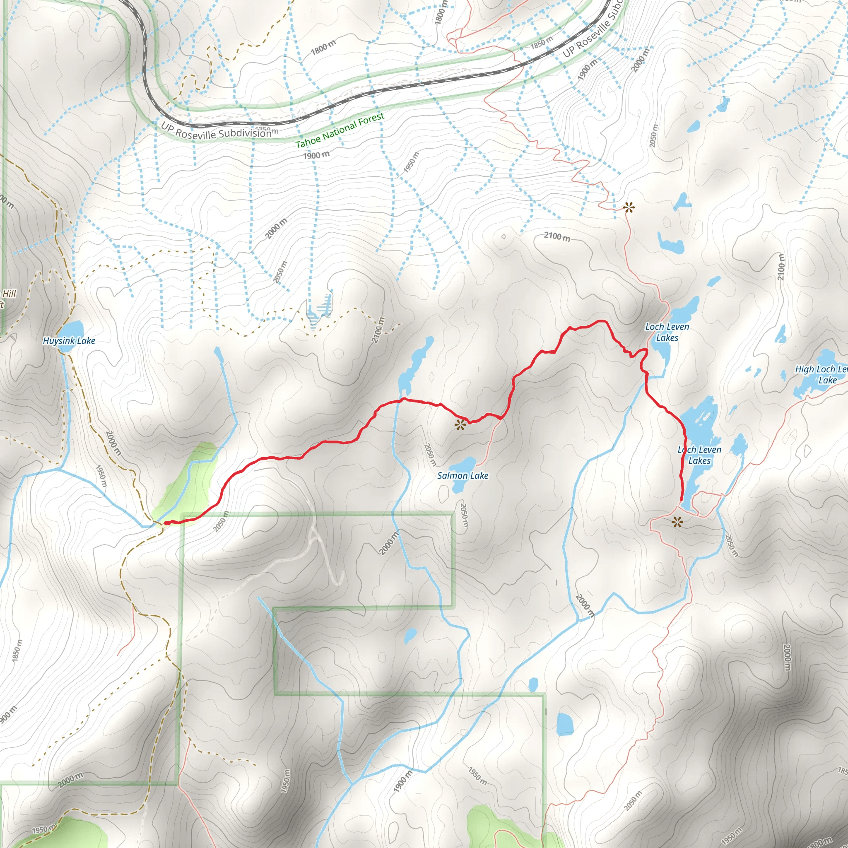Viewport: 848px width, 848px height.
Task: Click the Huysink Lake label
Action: coord(69,341)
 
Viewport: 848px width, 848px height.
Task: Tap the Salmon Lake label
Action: coord(463,475)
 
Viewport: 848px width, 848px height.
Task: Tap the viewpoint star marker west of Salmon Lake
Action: coord(460,424)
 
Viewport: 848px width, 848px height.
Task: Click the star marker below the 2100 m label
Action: coord(629,207)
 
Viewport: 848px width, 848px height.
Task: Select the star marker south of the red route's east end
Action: coord(677,522)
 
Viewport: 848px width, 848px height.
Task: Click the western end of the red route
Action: coord(167,523)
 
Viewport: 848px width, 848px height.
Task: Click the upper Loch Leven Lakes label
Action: coord(667,332)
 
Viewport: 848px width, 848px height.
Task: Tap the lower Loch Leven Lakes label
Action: coord(699,455)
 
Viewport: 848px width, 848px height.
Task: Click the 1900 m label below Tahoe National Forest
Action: coord(316,155)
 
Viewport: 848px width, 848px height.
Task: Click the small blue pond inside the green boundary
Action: coord(410,635)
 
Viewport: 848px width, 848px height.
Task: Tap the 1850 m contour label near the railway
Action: coord(541,43)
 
